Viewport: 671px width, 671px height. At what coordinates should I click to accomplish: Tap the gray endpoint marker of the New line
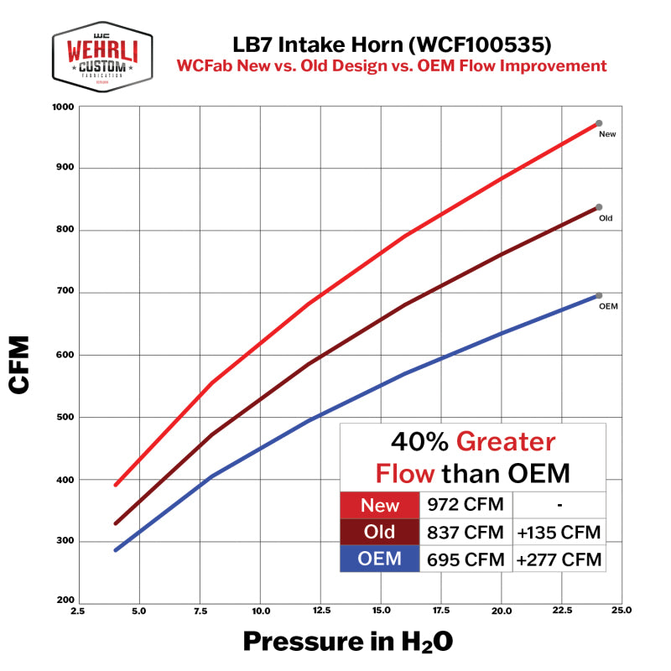[x=599, y=123]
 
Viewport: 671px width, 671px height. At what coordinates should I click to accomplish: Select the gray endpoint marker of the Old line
[x=599, y=207]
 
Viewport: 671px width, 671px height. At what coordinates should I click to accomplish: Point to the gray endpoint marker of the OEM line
[x=599, y=295]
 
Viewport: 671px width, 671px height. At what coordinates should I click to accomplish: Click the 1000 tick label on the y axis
[x=64, y=107]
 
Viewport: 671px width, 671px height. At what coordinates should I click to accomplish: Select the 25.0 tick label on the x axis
[x=622, y=611]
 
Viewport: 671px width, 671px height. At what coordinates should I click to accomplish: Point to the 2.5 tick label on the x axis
[x=77, y=611]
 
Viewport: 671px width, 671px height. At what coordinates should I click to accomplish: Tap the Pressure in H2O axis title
[x=347, y=642]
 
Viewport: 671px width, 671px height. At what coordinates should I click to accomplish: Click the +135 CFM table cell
[x=559, y=532]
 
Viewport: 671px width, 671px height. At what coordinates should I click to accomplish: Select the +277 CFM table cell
[x=559, y=559]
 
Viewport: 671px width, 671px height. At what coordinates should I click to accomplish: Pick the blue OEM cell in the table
[x=380, y=559]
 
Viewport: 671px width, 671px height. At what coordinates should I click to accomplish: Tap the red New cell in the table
[x=380, y=505]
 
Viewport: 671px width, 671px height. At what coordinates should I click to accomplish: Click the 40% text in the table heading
[x=419, y=442]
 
